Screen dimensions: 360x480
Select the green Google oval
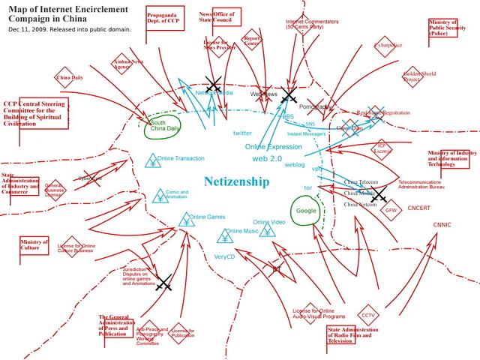(306, 211)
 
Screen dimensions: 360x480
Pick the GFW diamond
(391, 210)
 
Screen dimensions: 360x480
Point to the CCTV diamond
(368, 315)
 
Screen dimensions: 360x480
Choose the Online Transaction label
(181, 158)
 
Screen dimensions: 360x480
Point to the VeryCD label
(225, 256)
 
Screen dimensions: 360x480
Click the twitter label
(242, 133)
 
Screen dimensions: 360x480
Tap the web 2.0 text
(266, 159)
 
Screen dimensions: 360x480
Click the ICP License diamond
(382, 147)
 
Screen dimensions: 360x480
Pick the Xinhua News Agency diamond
(122, 63)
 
